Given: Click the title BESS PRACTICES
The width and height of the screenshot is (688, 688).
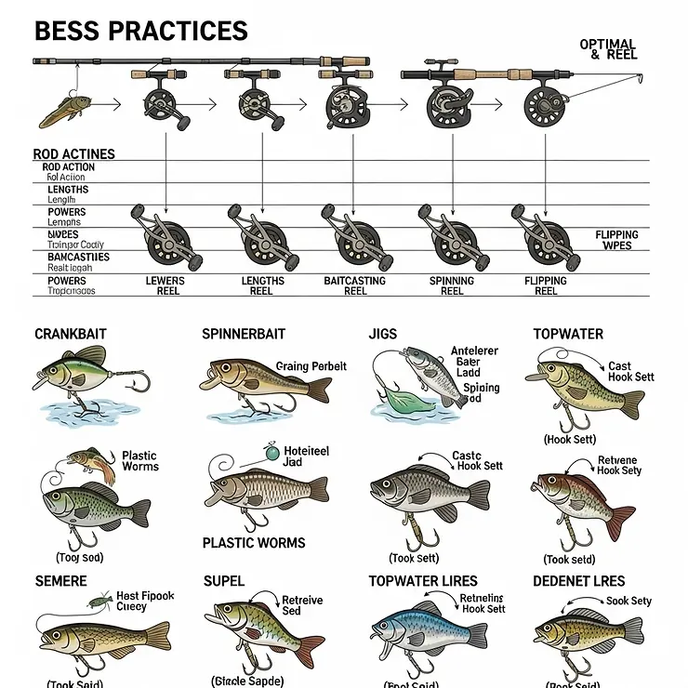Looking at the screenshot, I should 141,31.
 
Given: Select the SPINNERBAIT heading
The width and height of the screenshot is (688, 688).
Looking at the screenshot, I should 244,334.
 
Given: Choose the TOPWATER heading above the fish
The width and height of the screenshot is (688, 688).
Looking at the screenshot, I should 568,334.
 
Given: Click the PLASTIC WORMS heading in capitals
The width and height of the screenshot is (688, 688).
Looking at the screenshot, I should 254,543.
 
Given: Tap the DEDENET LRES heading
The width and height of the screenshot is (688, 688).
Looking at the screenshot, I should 579,581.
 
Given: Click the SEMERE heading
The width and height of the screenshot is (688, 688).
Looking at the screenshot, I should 60,581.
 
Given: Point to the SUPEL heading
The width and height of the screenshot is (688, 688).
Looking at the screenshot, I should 224,581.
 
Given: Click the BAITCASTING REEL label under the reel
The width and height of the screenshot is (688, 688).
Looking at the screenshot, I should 355,285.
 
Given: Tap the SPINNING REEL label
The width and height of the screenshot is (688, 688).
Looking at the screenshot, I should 452,285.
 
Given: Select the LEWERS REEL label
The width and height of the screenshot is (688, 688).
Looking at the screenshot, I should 165,285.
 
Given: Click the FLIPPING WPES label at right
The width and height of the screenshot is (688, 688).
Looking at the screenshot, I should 616,241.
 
